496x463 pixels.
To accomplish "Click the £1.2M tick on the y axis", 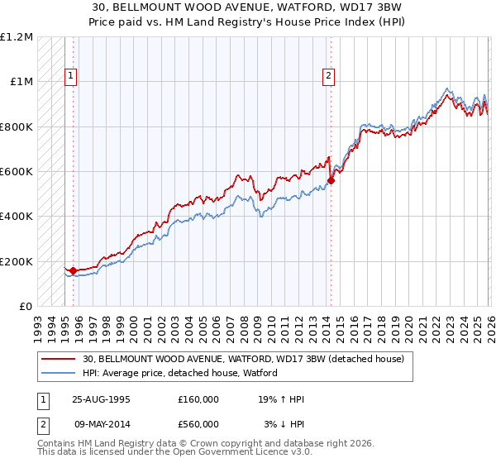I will (17, 37).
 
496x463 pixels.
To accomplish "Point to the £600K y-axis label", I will (17, 172).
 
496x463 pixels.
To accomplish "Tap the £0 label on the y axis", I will (26, 307).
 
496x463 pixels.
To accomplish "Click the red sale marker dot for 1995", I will (73, 270).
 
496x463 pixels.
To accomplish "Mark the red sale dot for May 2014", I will (331, 180).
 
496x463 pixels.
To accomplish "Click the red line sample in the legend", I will (60, 360).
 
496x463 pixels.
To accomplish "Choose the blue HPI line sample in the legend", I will (60, 373).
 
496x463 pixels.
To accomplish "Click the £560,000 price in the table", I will (198, 423).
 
